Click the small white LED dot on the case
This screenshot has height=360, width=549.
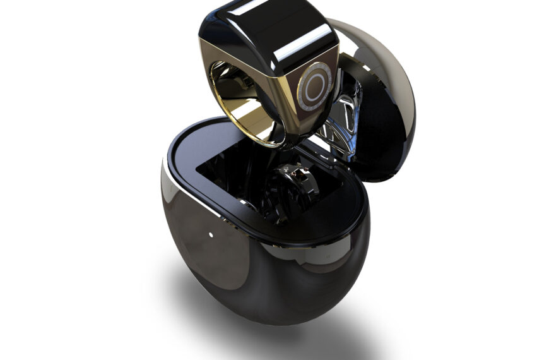210,235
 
